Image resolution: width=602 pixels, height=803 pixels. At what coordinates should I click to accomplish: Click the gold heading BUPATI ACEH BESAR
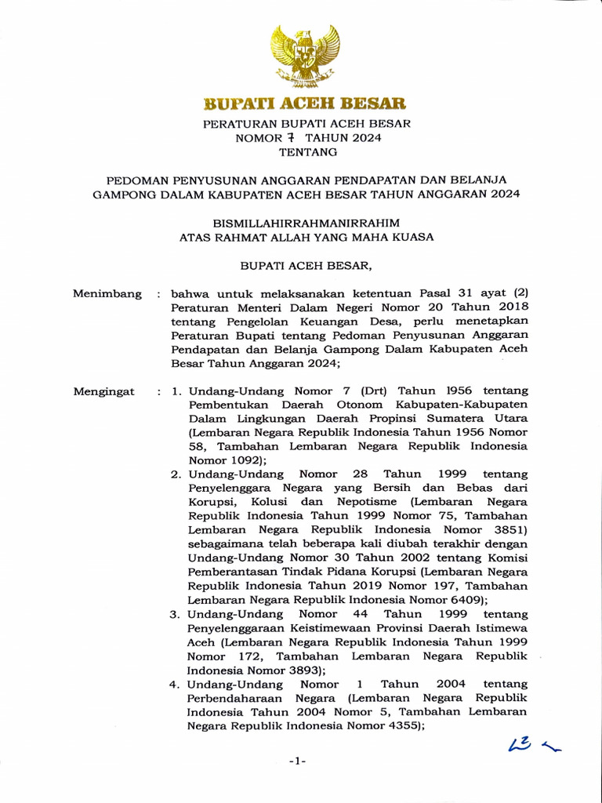click(x=305, y=104)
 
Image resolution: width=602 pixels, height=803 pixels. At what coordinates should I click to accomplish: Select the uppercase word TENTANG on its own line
click(x=305, y=152)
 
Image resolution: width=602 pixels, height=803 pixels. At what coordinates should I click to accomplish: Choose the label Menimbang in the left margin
click(x=107, y=294)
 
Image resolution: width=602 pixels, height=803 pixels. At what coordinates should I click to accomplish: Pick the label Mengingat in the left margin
click(x=103, y=391)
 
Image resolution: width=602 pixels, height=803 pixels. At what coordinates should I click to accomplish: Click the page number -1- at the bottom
click(x=297, y=761)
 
